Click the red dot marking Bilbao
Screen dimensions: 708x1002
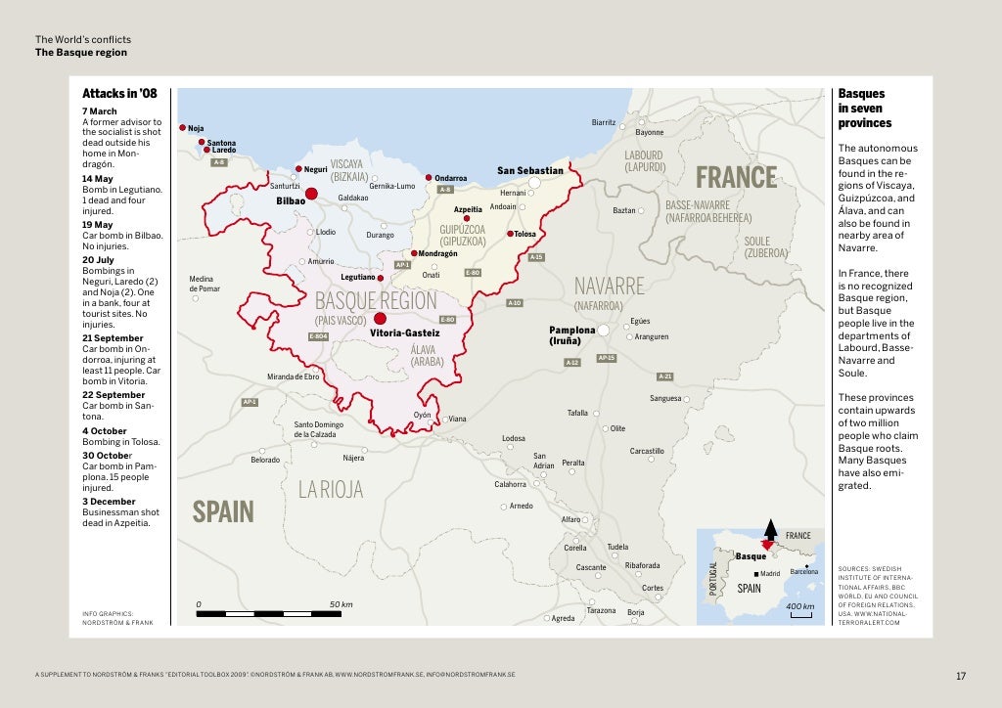pos(312,194)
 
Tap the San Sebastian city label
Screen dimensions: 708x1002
pos(529,170)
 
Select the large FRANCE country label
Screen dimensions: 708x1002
pos(736,177)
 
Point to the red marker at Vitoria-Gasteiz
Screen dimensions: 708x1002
pos(380,318)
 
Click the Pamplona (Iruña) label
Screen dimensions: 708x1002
pos(571,335)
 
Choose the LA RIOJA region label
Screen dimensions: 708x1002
pos(331,489)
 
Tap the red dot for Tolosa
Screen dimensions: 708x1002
pos(510,234)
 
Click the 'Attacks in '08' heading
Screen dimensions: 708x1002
pos(119,95)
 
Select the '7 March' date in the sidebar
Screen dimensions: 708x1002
pos(99,111)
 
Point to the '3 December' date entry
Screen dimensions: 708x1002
pos(109,501)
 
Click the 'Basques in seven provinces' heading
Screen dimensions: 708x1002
pos(865,109)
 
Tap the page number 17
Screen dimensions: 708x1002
pos(960,675)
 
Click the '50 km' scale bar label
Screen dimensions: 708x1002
pos(341,603)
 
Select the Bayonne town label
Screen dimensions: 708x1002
pos(649,132)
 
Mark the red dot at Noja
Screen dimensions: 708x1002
pos(182,128)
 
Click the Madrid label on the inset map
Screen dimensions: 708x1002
pos(769,573)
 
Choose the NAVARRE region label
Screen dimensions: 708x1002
pos(609,286)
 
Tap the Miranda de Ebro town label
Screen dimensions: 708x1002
pos(294,376)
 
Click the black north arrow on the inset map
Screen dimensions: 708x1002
pos(769,528)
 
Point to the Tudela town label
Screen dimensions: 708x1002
pos(617,547)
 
